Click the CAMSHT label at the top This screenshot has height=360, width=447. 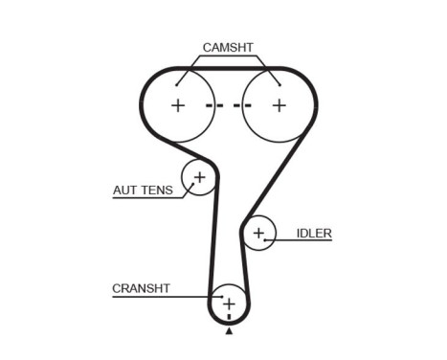(x=228, y=46)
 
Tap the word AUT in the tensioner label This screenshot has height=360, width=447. (x=125, y=190)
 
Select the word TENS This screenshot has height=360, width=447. (x=157, y=190)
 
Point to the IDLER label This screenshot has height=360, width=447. (x=314, y=233)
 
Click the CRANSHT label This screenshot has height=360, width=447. (x=141, y=287)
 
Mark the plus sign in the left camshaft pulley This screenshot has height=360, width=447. (x=178, y=104)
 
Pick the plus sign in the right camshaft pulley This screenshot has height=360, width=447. (x=279, y=104)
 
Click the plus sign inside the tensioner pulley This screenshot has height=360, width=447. (x=200, y=177)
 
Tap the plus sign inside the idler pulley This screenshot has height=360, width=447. (x=257, y=233)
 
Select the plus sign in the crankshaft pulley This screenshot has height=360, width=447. (x=229, y=304)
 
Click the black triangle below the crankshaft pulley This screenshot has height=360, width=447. (x=229, y=331)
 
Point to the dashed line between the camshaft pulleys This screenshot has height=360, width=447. (x=228, y=104)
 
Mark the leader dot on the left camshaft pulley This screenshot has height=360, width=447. (x=176, y=84)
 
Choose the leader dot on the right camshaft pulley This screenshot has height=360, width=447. (x=278, y=84)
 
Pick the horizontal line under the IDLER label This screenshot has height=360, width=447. (x=303, y=240)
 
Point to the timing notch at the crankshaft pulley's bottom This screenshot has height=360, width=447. (x=229, y=319)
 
